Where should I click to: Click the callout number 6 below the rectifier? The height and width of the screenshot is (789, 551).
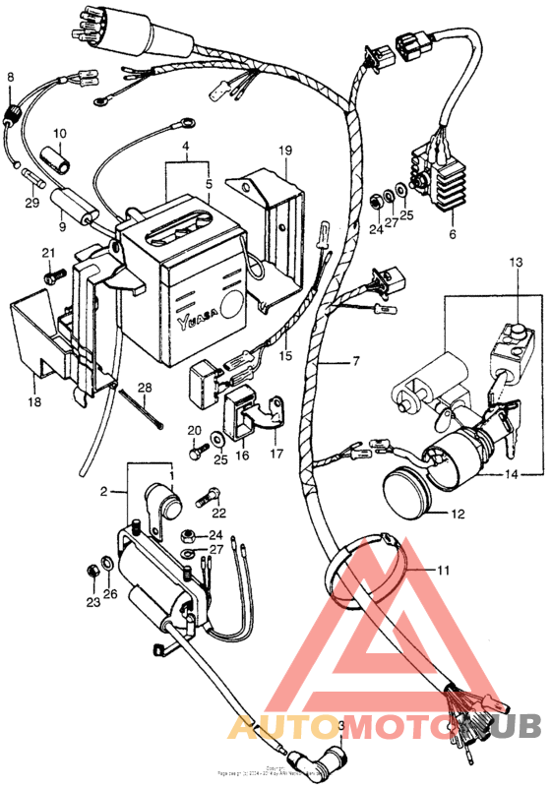coord(452,236)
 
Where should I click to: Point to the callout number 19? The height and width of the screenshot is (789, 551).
coord(285,151)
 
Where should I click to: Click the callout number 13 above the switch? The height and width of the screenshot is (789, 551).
coord(515,262)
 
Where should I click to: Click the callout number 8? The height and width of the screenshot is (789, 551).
coord(11,77)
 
